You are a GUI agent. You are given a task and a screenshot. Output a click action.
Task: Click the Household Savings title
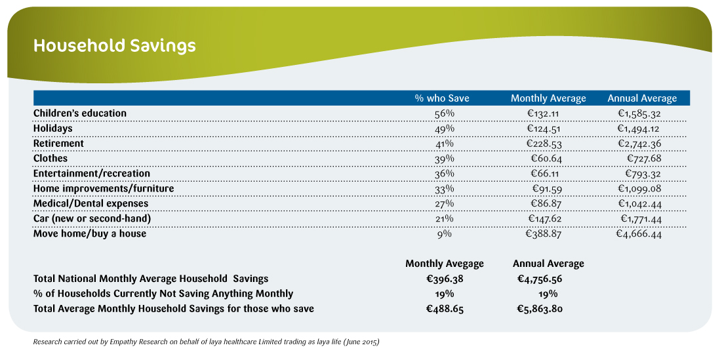click(x=115, y=47)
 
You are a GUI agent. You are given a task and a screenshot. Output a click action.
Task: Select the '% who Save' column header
click(x=442, y=98)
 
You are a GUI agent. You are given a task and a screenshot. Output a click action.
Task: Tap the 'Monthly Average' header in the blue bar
click(x=548, y=98)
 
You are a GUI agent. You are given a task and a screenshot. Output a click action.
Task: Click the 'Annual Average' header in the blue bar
click(x=642, y=98)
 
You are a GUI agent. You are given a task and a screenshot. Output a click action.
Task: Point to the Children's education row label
click(x=80, y=113)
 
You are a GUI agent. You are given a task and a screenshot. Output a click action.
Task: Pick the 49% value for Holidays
click(x=445, y=129)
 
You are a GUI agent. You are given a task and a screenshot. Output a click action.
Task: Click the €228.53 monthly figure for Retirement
click(x=544, y=144)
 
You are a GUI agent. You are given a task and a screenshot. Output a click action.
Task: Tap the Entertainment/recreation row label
click(x=92, y=174)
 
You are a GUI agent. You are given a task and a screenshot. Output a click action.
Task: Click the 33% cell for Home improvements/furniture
click(x=445, y=189)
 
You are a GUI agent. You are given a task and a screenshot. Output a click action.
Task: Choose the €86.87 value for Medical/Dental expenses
click(x=546, y=203)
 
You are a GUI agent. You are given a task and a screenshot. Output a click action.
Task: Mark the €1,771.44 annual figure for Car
click(x=639, y=219)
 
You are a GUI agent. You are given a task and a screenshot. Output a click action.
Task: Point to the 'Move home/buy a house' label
click(x=90, y=233)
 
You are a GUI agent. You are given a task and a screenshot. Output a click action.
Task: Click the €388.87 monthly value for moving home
click(x=544, y=234)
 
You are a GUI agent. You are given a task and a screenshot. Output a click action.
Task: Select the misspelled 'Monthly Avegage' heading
click(x=445, y=264)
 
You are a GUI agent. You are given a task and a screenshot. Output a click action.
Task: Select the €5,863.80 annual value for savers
click(x=540, y=309)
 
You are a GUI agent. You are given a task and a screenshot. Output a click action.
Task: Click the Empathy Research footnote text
click(x=207, y=343)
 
